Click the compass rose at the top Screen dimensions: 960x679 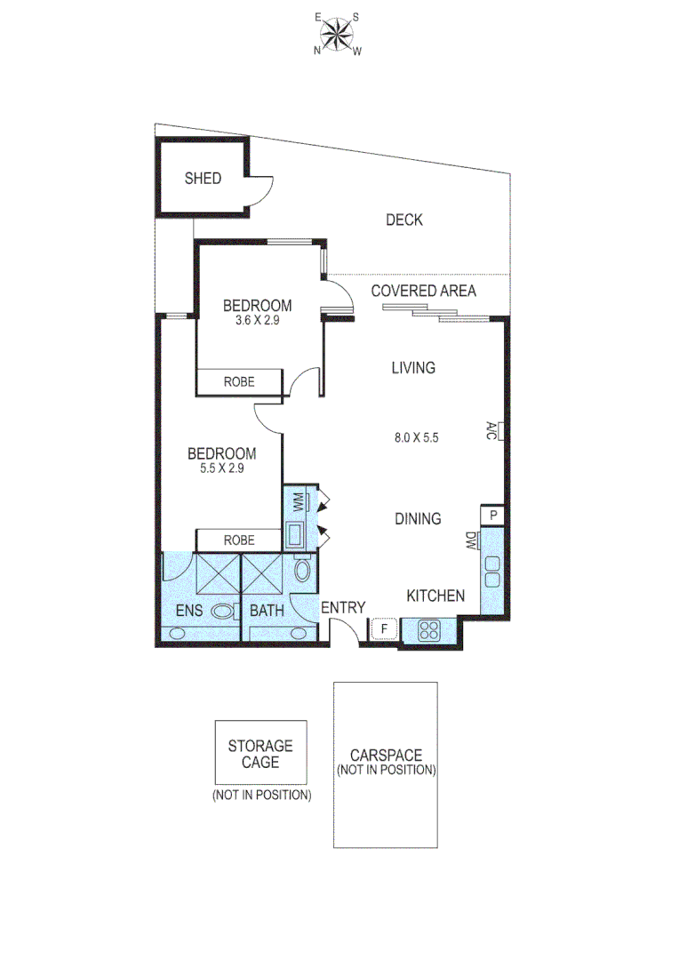click(x=337, y=36)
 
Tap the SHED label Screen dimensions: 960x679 click(x=203, y=179)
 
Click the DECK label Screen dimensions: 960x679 click(x=403, y=220)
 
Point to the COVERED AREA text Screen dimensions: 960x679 click(x=423, y=291)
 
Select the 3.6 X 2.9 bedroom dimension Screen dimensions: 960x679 click(x=257, y=322)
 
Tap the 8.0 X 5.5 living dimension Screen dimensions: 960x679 click(x=417, y=437)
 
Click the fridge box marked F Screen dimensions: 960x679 click(x=384, y=629)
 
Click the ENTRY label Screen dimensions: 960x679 click(x=343, y=608)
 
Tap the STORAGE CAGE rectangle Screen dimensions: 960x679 click(x=260, y=752)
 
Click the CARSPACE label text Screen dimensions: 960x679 click(x=386, y=756)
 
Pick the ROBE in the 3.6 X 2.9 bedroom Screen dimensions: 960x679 click(x=239, y=382)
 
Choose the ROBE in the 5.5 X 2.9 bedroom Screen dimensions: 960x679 click(x=239, y=540)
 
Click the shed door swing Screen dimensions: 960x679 click(x=260, y=189)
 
